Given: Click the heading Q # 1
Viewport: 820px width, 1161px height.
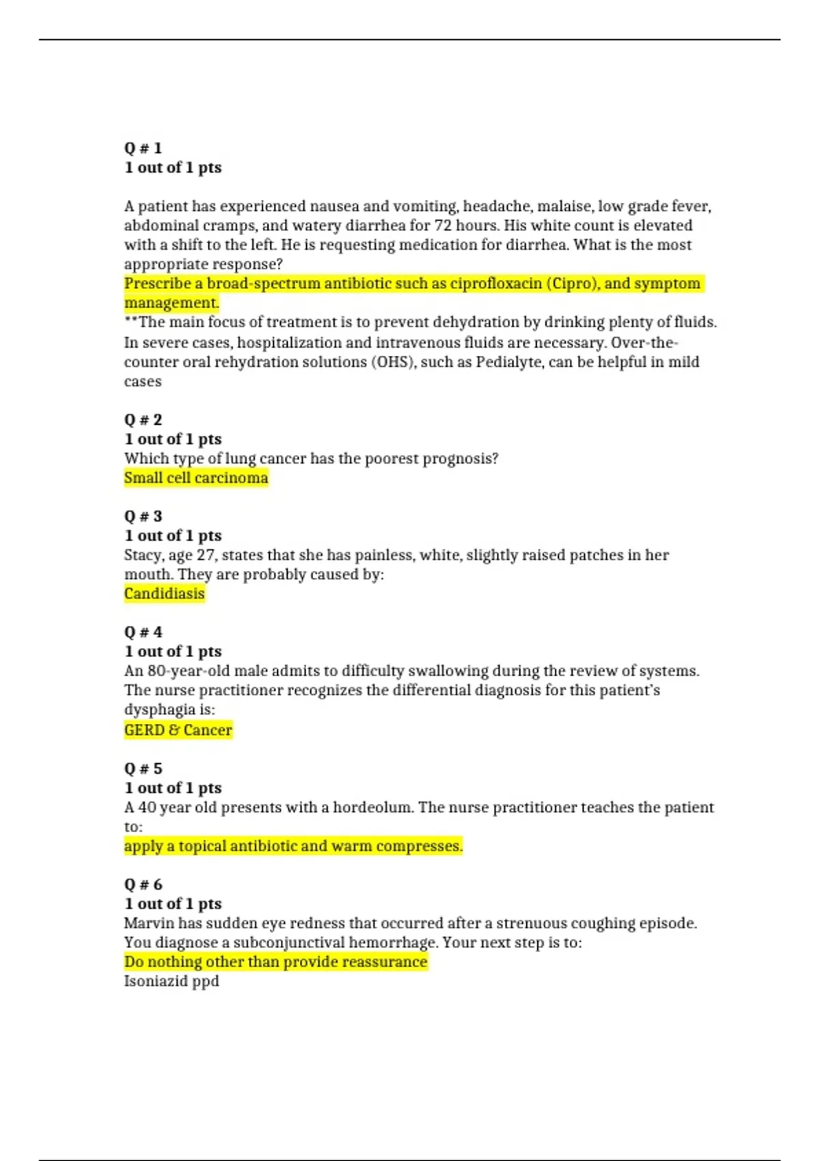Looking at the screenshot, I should pyautogui.click(x=143, y=148).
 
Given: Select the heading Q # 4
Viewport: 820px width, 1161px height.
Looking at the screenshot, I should pyautogui.click(x=143, y=632).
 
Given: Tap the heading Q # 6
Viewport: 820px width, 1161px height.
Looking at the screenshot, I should pyautogui.click(x=143, y=884).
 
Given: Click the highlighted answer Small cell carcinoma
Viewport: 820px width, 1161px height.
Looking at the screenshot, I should pyautogui.click(x=196, y=478).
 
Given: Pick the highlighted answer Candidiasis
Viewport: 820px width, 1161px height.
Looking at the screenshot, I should pyautogui.click(x=164, y=593).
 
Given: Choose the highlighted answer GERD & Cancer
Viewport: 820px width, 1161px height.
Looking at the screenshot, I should pyautogui.click(x=178, y=730).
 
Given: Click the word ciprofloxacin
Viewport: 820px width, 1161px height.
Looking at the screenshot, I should pyautogui.click(x=495, y=283).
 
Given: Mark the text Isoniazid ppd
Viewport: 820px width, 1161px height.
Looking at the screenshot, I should pyautogui.click(x=172, y=981).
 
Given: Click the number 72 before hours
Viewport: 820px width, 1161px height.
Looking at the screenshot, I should pyautogui.click(x=443, y=225).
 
